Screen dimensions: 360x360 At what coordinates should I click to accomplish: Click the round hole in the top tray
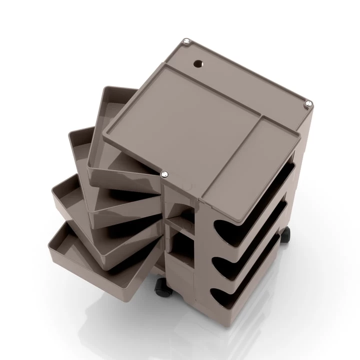coord(198,63)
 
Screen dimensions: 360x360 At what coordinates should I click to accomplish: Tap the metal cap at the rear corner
coord(187,42)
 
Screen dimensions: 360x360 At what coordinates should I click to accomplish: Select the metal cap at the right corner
coord(309,104)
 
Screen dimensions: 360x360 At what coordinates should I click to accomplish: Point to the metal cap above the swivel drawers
coord(164,174)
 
